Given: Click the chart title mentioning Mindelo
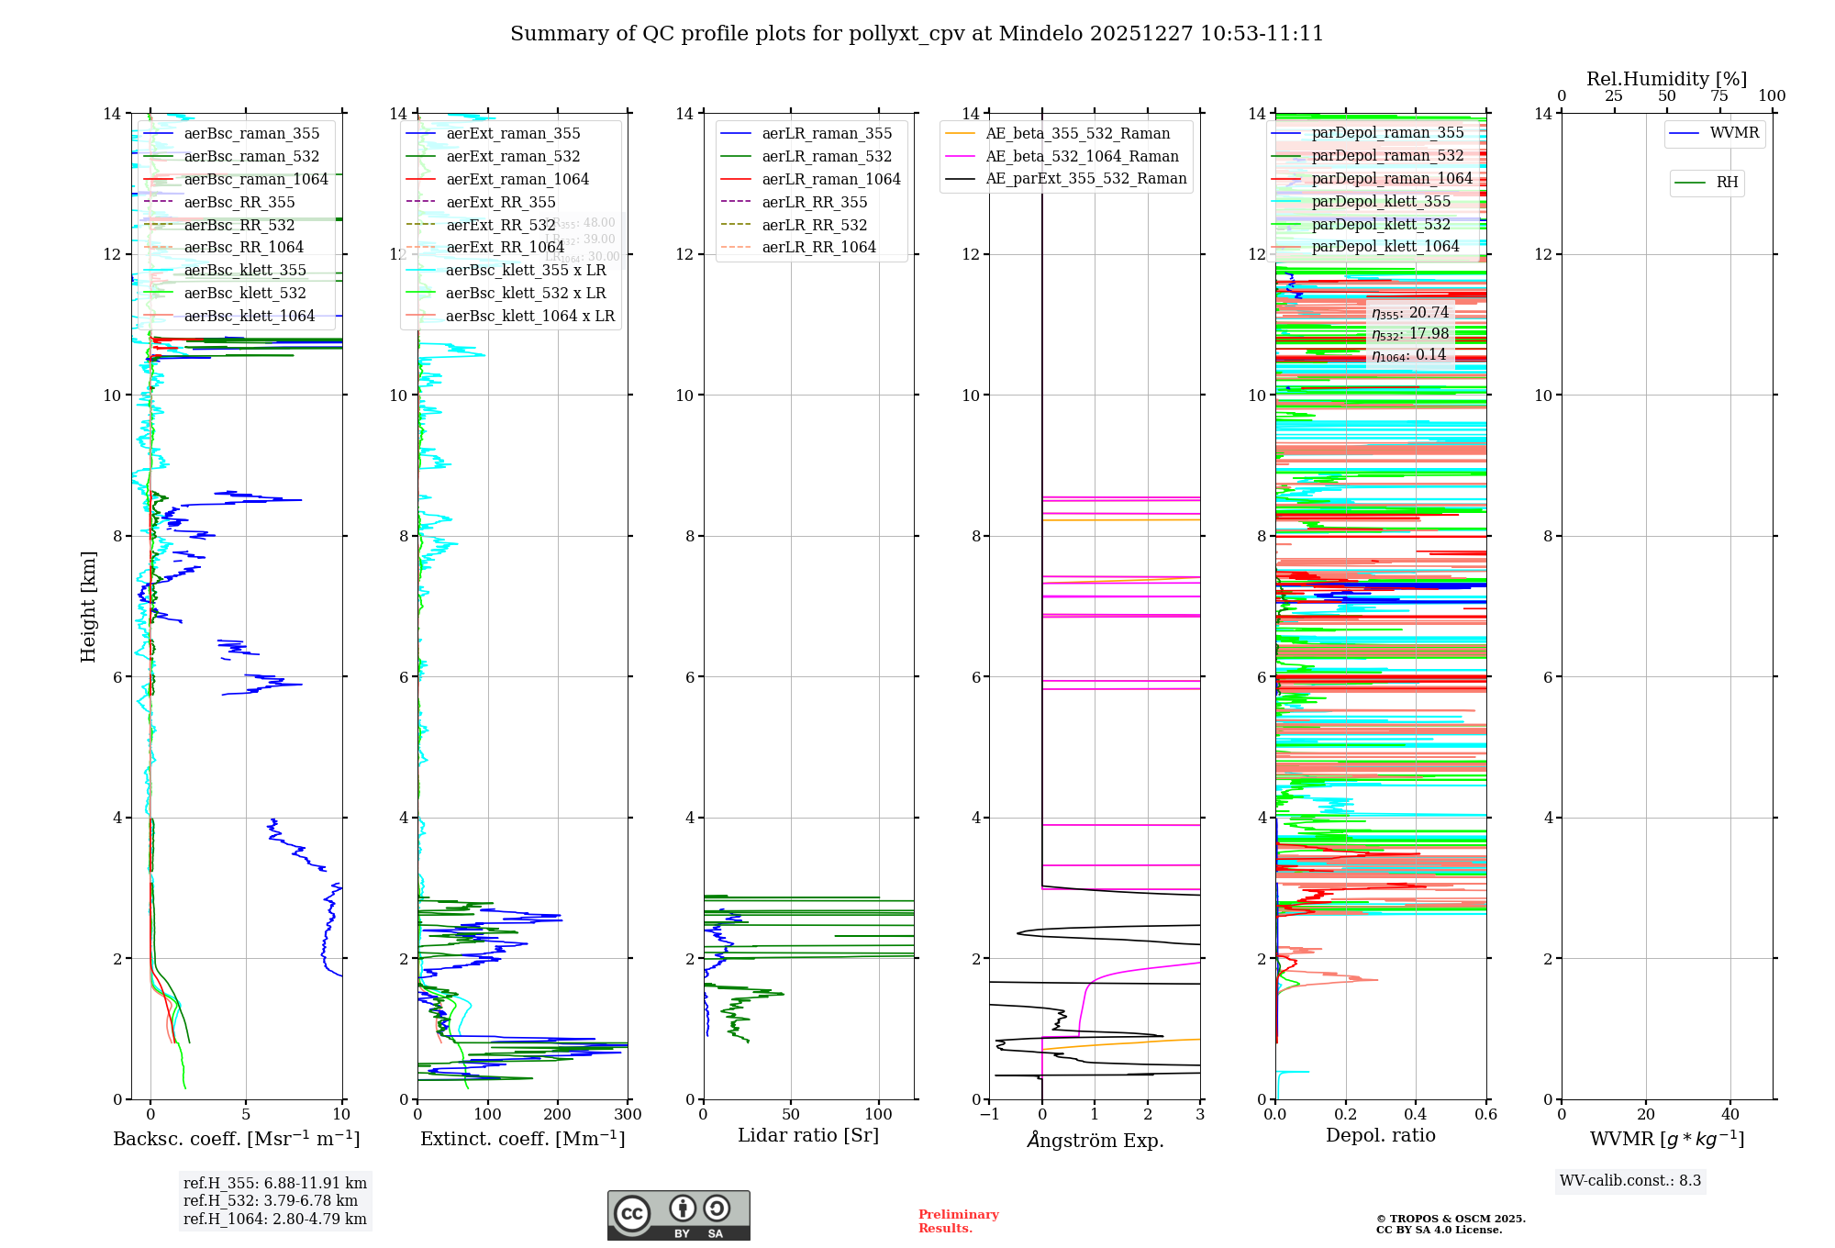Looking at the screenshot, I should (x=917, y=34).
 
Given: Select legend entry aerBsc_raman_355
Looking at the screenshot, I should (x=250, y=134).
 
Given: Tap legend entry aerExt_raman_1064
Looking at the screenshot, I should (x=517, y=180).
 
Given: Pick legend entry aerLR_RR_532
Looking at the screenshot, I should (x=814, y=226).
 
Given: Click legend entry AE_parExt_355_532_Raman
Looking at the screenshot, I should (x=1085, y=179).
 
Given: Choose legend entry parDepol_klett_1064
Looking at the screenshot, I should (x=1385, y=247).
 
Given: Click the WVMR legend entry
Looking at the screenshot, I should (x=1733, y=133).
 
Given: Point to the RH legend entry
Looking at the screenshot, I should (x=1726, y=183).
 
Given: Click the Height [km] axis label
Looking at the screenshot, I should (x=88, y=607).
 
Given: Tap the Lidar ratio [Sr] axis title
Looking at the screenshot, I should (x=808, y=1136).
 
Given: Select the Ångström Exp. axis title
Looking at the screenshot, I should (x=1095, y=1141).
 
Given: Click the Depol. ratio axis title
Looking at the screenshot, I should (x=1381, y=1136).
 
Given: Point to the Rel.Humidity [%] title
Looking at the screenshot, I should (x=1666, y=80).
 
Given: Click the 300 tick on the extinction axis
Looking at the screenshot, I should (x=628, y=1115).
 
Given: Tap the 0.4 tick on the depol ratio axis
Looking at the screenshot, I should (x=1416, y=1115).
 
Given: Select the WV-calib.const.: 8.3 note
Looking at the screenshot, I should (x=1630, y=1181).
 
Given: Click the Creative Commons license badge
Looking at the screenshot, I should (x=678, y=1216).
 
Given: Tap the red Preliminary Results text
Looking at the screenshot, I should (x=958, y=1221).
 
